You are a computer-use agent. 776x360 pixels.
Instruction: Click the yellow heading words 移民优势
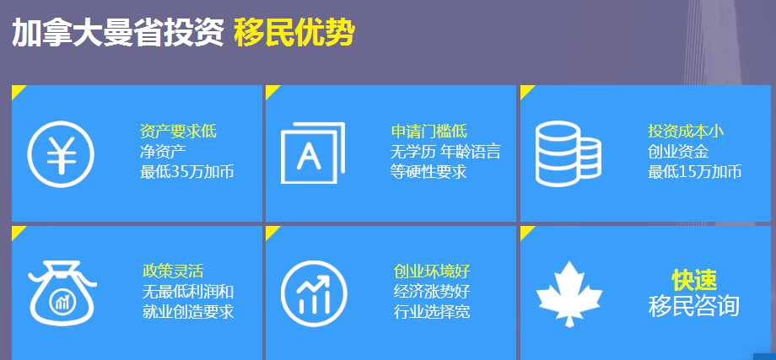pyautogui.click(x=294, y=33)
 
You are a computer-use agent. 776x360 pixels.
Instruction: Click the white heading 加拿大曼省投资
pyautogui.click(x=118, y=33)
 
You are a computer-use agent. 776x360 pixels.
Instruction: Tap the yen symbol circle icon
pyautogui.click(x=61, y=153)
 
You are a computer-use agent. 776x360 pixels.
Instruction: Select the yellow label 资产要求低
pyautogui.click(x=178, y=132)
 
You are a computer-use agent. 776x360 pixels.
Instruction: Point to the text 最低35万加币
pyautogui.click(x=187, y=172)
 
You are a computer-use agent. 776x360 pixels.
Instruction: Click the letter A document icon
pyautogui.click(x=312, y=153)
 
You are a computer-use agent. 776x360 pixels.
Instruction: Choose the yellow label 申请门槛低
pyautogui.click(x=429, y=132)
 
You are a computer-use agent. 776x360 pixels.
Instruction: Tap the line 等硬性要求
pyautogui.click(x=428, y=172)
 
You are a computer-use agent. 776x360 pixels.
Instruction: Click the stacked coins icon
pyautogui.click(x=569, y=153)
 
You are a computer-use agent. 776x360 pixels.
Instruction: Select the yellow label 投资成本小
pyautogui.click(x=686, y=132)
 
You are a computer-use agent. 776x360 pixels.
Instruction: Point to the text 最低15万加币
pyautogui.click(x=695, y=172)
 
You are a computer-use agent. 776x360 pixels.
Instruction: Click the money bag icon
pyautogui.click(x=62, y=293)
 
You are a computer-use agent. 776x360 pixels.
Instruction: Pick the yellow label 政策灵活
pyautogui.click(x=173, y=271)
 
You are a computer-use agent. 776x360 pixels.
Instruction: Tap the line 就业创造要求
pyautogui.click(x=188, y=312)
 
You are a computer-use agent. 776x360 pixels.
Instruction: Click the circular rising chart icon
pyautogui.click(x=314, y=293)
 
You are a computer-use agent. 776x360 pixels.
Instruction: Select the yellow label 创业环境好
pyautogui.click(x=432, y=271)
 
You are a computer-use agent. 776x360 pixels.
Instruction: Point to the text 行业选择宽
pyautogui.click(x=432, y=312)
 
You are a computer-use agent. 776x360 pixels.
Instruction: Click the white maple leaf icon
pyautogui.click(x=569, y=293)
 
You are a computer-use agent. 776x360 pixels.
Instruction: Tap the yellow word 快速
pyautogui.click(x=694, y=281)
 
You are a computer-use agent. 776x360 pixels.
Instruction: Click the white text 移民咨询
pyautogui.click(x=694, y=306)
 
